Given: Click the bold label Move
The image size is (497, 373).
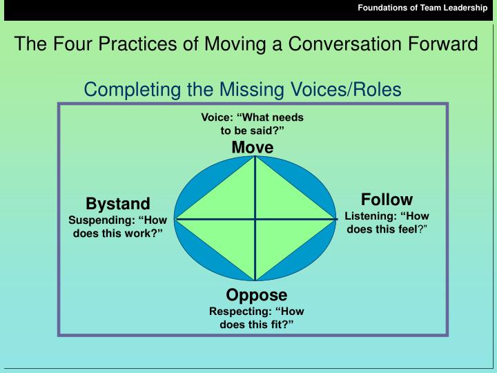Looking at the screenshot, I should pos(253,147).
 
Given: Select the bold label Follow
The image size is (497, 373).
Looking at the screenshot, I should pos(387,200).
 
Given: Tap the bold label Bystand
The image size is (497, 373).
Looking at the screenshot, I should pos(117,204).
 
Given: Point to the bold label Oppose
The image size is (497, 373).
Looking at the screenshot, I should pos(256,296).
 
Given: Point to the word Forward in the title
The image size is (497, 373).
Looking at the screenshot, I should pos(445,45).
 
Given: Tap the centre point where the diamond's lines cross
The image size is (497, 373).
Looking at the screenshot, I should pos(255,218).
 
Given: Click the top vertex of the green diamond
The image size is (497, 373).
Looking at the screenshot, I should pos(255,157).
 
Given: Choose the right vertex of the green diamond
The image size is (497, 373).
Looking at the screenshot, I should pos(335,218).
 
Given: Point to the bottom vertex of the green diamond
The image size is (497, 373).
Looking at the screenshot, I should pos(255,280).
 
